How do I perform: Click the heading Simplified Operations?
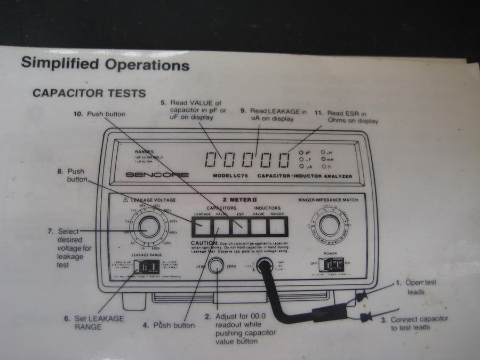[105, 65]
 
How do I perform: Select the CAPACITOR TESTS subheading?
[89, 93]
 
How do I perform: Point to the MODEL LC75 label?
[231, 175]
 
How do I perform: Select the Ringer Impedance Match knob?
[330, 226]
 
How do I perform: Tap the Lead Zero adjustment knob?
[216, 265]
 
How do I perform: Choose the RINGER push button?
[277, 227]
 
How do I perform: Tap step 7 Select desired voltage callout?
[70, 244]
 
